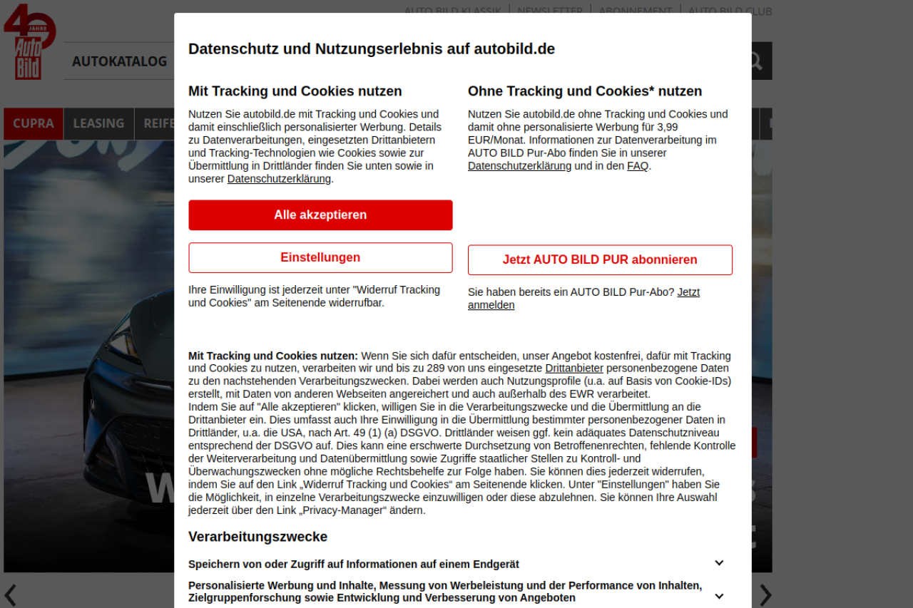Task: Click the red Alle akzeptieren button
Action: (320, 215)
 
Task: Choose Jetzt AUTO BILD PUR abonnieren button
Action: (600, 260)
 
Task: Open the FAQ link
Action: (637, 166)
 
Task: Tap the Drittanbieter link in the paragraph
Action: (574, 369)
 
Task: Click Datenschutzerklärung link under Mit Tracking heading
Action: (279, 179)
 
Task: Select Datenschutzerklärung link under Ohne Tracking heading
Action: (519, 166)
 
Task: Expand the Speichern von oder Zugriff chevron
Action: (719, 563)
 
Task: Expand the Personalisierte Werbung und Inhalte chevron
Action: (719, 596)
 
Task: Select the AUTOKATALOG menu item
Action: (119, 62)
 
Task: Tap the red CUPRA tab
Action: (34, 123)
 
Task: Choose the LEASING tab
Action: (98, 123)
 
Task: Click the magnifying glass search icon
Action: (755, 61)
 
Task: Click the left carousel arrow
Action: (10, 594)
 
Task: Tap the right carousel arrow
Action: (765, 594)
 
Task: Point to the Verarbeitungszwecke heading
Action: (257, 537)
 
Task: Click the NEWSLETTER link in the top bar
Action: (550, 11)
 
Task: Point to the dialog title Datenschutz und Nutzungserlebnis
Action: (371, 49)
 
